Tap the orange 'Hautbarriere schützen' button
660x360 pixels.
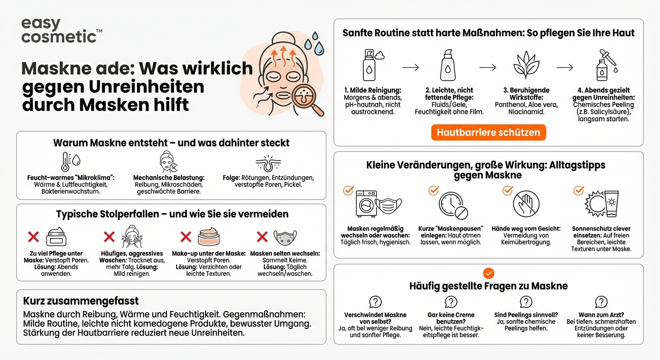pos(488,133)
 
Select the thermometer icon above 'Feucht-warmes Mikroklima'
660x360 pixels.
pos(66,162)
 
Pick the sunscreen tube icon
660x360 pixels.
pos(611,202)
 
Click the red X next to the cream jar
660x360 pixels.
pos(33,237)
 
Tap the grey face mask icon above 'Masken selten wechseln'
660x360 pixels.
pos(285,238)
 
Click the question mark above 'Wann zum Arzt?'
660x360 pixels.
pos(601,302)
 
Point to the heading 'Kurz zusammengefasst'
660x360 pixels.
pos(81,301)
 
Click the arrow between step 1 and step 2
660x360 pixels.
pos(411,67)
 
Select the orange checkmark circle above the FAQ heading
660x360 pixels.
pos(488,273)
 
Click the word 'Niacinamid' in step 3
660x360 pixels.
pos(526,112)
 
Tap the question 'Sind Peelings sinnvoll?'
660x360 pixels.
pos(526,315)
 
